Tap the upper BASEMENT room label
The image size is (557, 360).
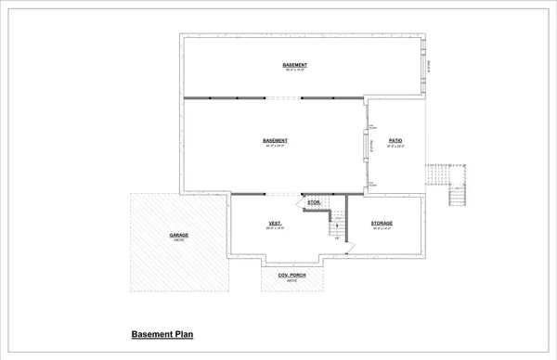pos(295,64)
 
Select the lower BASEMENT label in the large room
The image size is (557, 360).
pos(275,140)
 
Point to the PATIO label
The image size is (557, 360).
pos(395,140)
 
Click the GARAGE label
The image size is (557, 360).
pos(179,235)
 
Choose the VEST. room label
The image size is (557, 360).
pos(275,224)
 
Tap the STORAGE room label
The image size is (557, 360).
pos(382,224)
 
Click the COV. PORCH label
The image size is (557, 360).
pos(292,275)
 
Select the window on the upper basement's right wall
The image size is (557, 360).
pos(427,62)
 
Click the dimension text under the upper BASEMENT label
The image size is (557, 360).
pos(295,70)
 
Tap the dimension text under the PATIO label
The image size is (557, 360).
pos(395,146)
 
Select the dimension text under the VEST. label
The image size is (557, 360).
pos(275,229)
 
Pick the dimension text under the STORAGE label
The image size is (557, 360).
pos(382,229)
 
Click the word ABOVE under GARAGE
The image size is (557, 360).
pos(179,240)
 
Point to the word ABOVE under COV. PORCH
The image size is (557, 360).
pos(292,280)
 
